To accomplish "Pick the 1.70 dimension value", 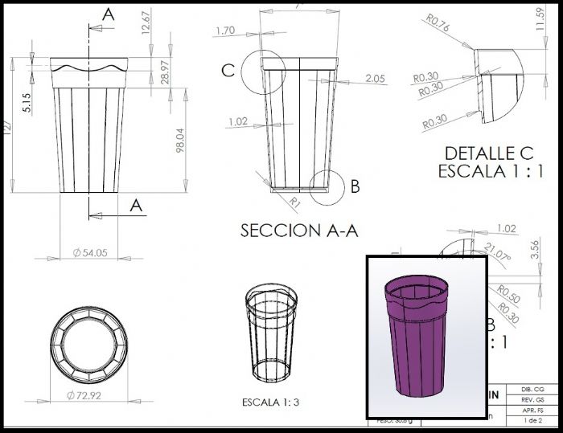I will click(225, 31).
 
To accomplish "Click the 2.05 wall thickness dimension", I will click(375, 78).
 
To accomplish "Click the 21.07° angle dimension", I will click(498, 256).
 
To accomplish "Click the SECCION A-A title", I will click(298, 231).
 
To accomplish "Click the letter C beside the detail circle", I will click(228, 71).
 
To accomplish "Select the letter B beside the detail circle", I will click(354, 186).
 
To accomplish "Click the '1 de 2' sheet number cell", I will click(532, 420).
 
